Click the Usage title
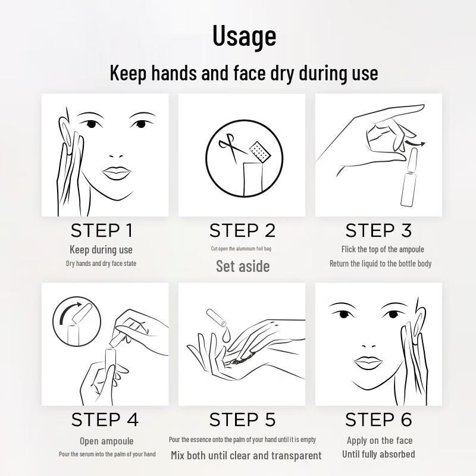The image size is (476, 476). (x=244, y=36)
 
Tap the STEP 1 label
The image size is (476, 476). (x=102, y=230)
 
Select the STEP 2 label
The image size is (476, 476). (x=242, y=230)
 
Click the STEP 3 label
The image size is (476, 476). (x=378, y=230)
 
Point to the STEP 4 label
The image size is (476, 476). (x=105, y=419)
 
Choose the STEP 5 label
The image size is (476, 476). (x=242, y=419)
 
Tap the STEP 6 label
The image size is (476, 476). (x=378, y=419)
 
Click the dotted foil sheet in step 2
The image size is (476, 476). (x=260, y=152)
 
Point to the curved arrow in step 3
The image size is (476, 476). (x=415, y=142)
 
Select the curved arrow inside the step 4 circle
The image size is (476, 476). (x=70, y=313)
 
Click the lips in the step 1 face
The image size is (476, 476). (x=117, y=173)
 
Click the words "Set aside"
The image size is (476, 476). (x=243, y=266)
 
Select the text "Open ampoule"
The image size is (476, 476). (x=107, y=441)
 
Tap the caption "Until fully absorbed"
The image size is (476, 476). (x=378, y=454)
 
